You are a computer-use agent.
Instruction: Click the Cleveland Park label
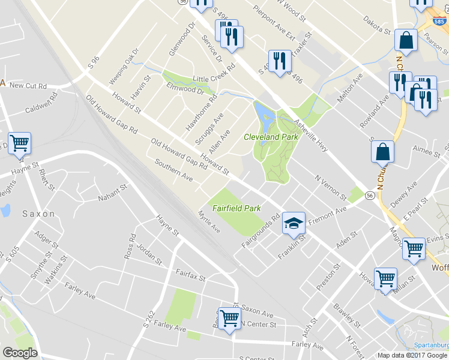(x=271, y=137)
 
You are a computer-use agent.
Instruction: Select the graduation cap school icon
(x=294, y=223)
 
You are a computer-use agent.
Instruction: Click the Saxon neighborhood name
(x=39, y=213)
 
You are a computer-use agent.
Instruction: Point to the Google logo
(x=19, y=353)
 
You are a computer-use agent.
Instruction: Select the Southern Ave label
(x=173, y=170)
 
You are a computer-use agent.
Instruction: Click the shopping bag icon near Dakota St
(x=406, y=41)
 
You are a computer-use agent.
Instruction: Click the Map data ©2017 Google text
(x=413, y=355)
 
